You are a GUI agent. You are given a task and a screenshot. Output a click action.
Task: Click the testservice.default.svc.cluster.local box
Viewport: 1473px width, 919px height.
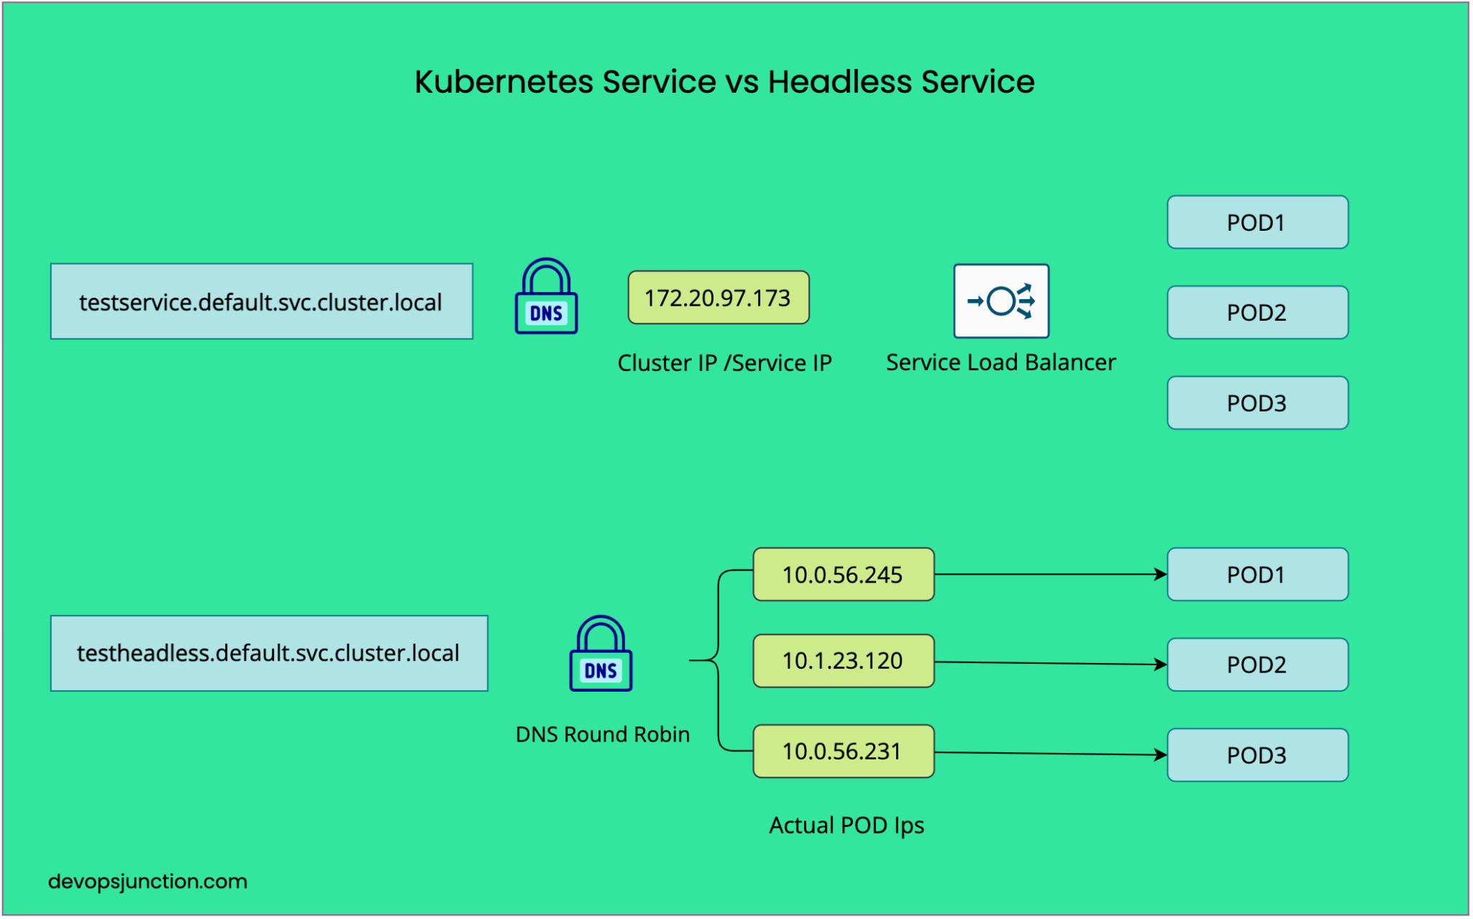(261, 301)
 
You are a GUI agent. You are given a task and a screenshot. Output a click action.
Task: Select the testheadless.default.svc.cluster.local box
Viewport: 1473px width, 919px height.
(268, 653)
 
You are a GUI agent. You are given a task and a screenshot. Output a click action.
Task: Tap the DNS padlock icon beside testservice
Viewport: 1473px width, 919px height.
(546, 297)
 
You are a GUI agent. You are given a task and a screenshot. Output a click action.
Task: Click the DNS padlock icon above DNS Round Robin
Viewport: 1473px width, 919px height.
(601, 654)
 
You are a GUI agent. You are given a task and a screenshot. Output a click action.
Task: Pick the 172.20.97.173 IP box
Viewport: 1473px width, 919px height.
(718, 298)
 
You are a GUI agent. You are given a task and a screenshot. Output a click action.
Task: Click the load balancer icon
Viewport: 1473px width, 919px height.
(1000, 301)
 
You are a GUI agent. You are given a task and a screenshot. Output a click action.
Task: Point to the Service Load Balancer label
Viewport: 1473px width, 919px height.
(1000, 362)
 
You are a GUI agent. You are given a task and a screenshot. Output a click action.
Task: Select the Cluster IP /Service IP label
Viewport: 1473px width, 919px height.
(724, 363)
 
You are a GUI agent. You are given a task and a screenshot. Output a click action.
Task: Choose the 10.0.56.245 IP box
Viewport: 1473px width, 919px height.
(843, 575)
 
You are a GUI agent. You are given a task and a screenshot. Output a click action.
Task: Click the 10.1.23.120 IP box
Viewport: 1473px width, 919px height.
(843, 661)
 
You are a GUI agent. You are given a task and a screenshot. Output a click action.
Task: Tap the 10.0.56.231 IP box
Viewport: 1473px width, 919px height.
(843, 751)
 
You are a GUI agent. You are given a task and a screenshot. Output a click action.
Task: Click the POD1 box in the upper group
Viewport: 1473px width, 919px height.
(1257, 222)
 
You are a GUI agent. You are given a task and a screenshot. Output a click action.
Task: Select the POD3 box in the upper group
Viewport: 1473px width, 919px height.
(1257, 403)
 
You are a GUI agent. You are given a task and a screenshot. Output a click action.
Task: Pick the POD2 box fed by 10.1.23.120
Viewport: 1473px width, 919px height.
(1257, 664)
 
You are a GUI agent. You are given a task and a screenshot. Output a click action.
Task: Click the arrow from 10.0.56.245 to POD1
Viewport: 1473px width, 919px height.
(1050, 575)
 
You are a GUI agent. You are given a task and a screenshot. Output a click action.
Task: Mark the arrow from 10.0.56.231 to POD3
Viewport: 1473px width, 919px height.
(1050, 754)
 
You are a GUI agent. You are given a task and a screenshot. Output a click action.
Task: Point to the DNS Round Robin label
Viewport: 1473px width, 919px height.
(602, 734)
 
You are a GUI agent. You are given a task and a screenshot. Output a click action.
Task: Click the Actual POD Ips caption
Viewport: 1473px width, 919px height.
(846, 826)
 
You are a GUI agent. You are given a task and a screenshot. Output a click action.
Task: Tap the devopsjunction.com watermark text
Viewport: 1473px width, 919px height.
(147, 882)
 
